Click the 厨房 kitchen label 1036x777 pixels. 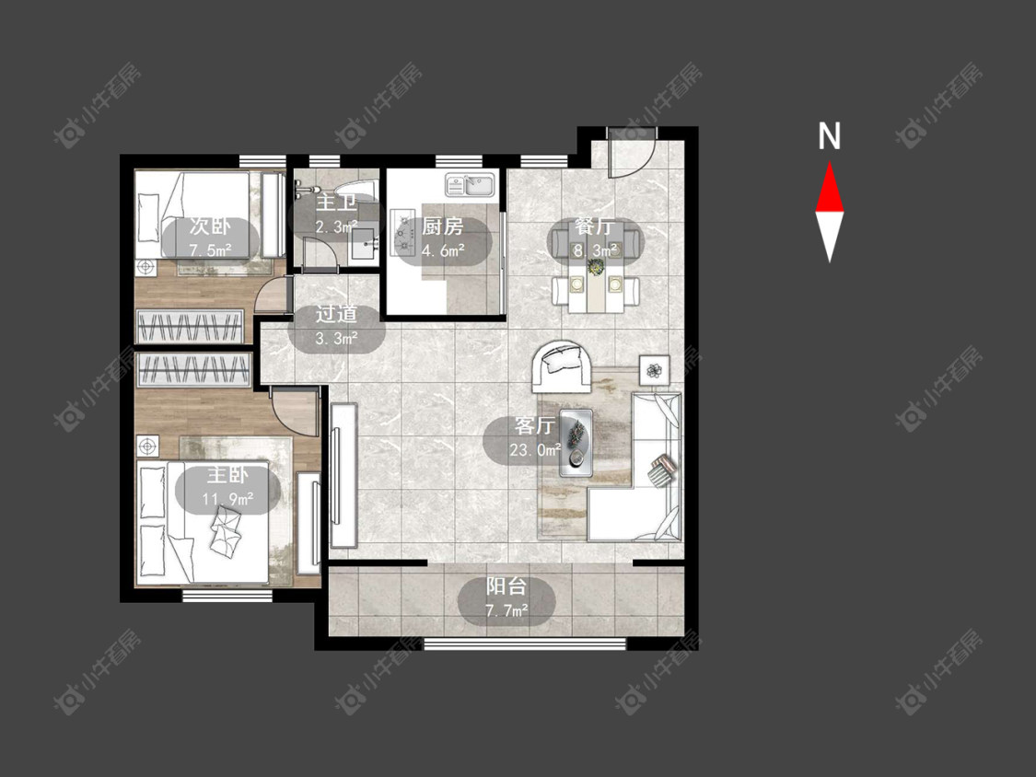pos(442,226)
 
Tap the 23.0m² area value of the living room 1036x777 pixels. pos(534,450)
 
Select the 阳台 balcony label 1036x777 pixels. pos(506,586)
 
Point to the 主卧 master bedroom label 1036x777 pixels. pos(228,474)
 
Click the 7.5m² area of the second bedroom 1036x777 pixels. pos(210,250)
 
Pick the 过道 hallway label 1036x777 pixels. pos(336,314)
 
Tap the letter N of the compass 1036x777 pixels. pos(829,136)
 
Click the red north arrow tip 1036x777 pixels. pos(829,163)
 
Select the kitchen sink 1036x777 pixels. pos(471,185)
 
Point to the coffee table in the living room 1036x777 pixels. pos(576,443)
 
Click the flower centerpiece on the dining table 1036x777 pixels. pos(597,267)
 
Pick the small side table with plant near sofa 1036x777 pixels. pos(654,370)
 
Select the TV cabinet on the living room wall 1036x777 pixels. pos(343,476)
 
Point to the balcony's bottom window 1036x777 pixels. pos(525,643)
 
